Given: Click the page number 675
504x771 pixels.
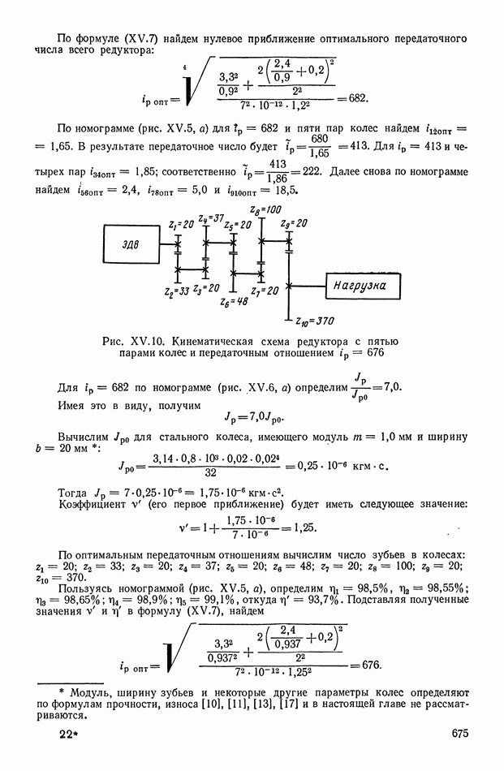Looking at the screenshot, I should click(x=461, y=756).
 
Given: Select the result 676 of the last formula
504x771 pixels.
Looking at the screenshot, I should click(x=371, y=665).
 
